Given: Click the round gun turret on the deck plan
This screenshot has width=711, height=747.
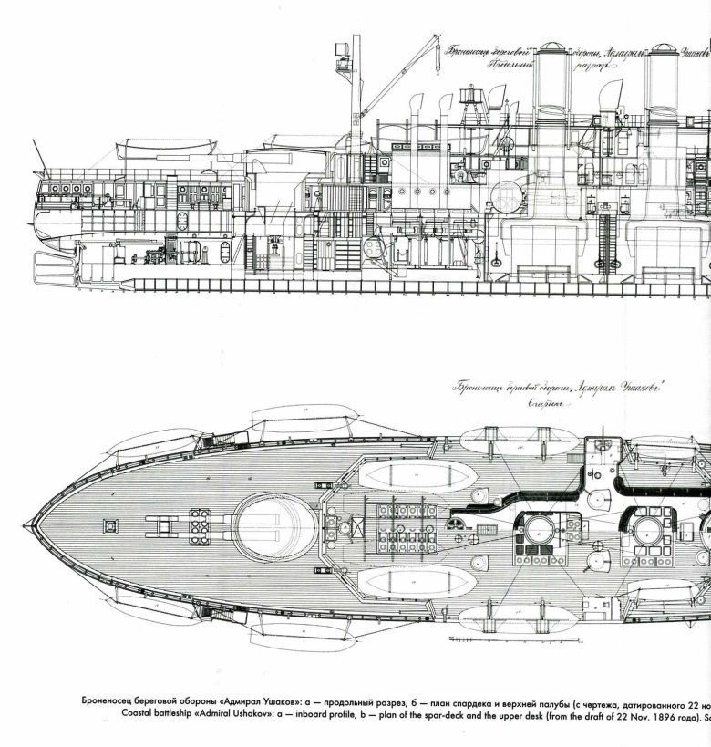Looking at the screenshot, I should [267, 524].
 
